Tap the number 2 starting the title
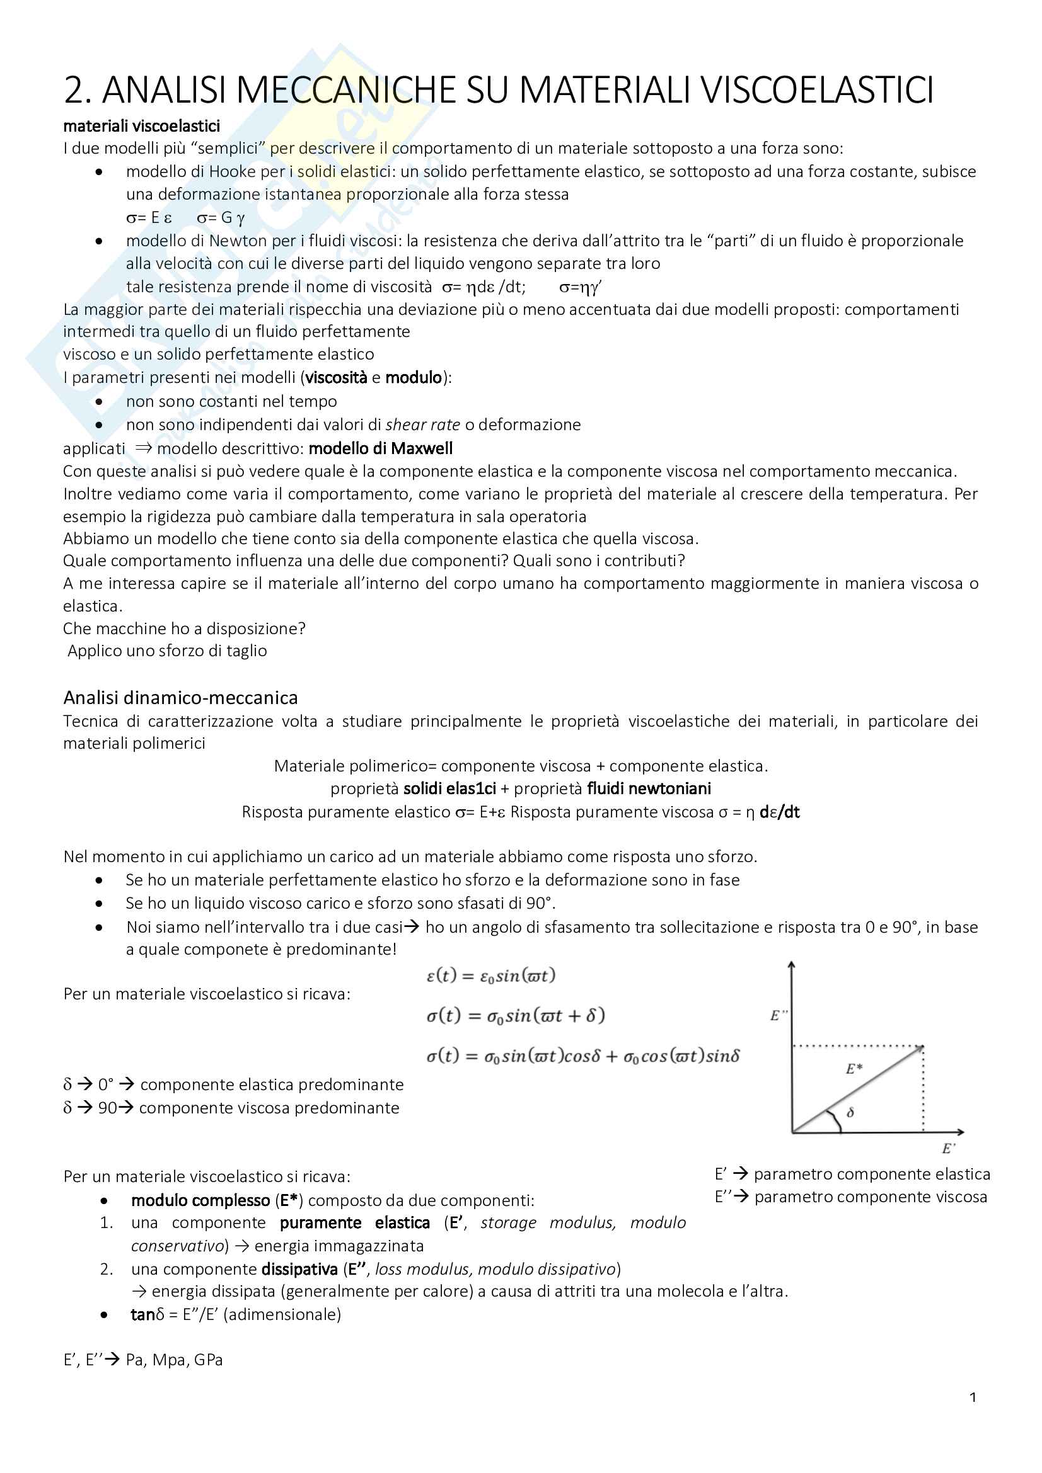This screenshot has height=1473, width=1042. pyautogui.click(x=74, y=90)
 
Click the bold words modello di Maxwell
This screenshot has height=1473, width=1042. pyautogui.click(x=381, y=448)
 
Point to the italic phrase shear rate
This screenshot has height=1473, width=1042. pyautogui.click(x=422, y=424)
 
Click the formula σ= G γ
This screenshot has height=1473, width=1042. pyautogui.click(x=221, y=218)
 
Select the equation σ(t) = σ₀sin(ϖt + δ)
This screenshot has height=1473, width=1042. pyautogui.click(x=516, y=1016)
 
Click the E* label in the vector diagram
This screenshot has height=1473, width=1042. pyautogui.click(x=854, y=1069)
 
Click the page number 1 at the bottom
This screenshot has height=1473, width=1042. pyautogui.click(x=973, y=1397)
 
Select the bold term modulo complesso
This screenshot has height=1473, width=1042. pyautogui.click(x=200, y=1200)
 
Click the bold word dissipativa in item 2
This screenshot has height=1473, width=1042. pyautogui.click(x=299, y=1269)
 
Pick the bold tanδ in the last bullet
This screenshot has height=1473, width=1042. pyautogui.click(x=147, y=1314)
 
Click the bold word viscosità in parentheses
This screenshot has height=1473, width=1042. pyautogui.click(x=336, y=377)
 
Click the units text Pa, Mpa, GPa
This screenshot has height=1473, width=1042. pyautogui.click(x=174, y=1360)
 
